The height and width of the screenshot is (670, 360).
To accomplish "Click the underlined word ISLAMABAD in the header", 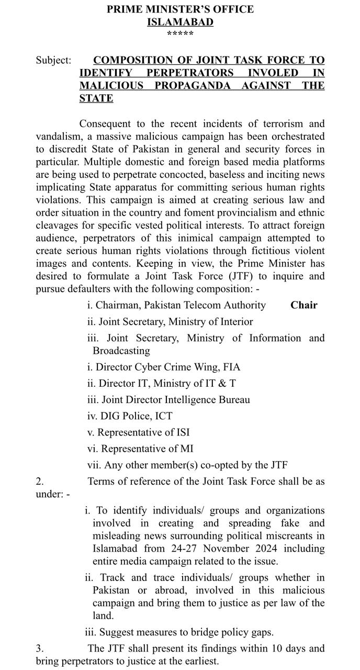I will [x=180, y=22].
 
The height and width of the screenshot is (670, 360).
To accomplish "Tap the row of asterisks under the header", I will [x=180, y=34].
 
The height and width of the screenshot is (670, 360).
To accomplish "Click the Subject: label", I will [x=53, y=60].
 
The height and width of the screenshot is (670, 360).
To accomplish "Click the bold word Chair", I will [x=304, y=305].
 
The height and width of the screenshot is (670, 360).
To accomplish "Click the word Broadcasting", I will [x=121, y=351].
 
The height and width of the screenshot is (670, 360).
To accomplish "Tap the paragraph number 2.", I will [x=40, y=481].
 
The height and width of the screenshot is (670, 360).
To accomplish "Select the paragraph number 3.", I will [x=40, y=649].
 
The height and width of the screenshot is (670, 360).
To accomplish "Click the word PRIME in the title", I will [x=125, y=9].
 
